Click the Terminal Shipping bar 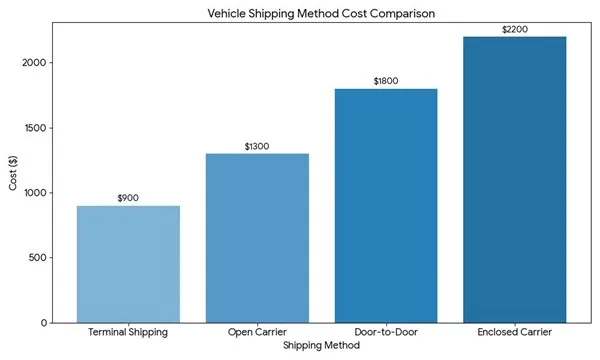(129, 264)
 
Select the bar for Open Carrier (257, 238)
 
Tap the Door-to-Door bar (386, 206)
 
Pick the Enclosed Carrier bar (515, 180)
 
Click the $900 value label (128, 198)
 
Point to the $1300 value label (257, 146)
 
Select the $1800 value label (386, 81)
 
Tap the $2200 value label (515, 29)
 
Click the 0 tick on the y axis (44, 323)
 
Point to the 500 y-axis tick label (38, 257)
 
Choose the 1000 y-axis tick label (36, 193)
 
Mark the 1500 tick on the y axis (36, 128)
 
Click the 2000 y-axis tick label (34, 63)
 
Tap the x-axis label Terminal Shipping (128, 332)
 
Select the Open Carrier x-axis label (257, 332)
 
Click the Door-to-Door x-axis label (386, 332)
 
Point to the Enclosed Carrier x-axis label (515, 332)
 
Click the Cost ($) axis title (13, 173)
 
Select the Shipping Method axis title (321, 345)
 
